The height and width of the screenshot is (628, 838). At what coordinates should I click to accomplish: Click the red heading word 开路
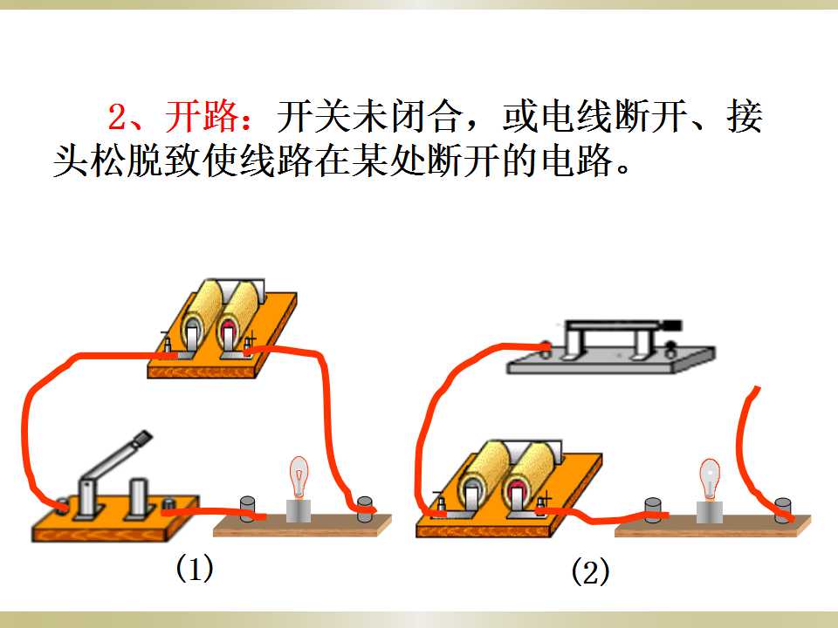[x=202, y=116]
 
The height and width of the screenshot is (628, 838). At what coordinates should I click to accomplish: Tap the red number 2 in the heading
[x=117, y=117]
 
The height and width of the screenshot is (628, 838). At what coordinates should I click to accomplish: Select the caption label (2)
[x=590, y=572]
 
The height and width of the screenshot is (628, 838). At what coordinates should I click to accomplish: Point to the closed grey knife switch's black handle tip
[x=671, y=324]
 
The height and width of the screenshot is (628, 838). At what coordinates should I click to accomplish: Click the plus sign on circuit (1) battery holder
[x=251, y=338]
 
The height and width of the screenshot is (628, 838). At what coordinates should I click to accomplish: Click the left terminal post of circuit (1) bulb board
[x=247, y=509]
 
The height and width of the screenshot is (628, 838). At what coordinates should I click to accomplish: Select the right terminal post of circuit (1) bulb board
[x=365, y=509]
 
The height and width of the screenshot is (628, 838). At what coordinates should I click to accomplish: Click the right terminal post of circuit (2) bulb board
[x=783, y=510]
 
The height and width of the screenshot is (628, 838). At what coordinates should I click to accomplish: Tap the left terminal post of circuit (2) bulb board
[x=653, y=510]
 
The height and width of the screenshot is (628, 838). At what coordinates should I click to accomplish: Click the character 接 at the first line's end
[x=745, y=116]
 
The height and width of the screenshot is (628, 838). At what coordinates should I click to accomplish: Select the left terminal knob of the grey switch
[x=546, y=348]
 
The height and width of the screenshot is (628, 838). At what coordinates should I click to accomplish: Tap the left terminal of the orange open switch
[x=62, y=505]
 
